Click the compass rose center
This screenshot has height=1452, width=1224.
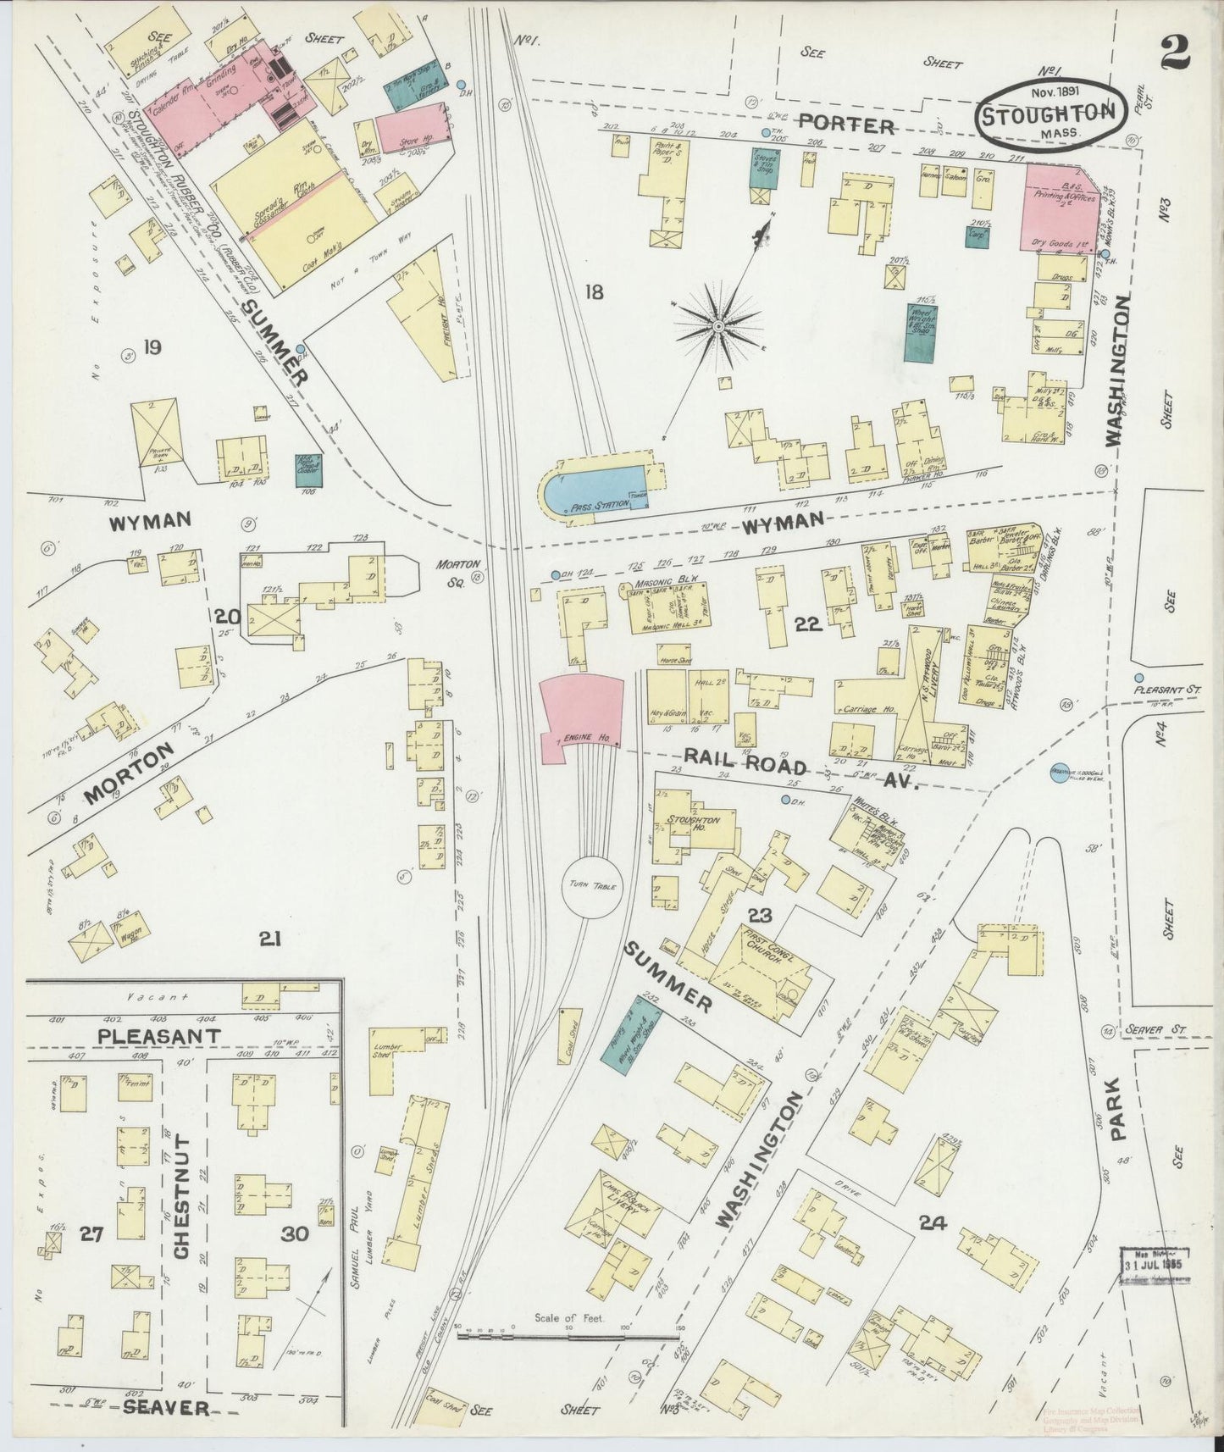coord(718,325)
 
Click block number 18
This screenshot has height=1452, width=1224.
coord(594,293)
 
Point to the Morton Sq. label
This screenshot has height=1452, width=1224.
coord(458,569)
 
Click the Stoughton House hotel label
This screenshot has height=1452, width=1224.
coord(694,825)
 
